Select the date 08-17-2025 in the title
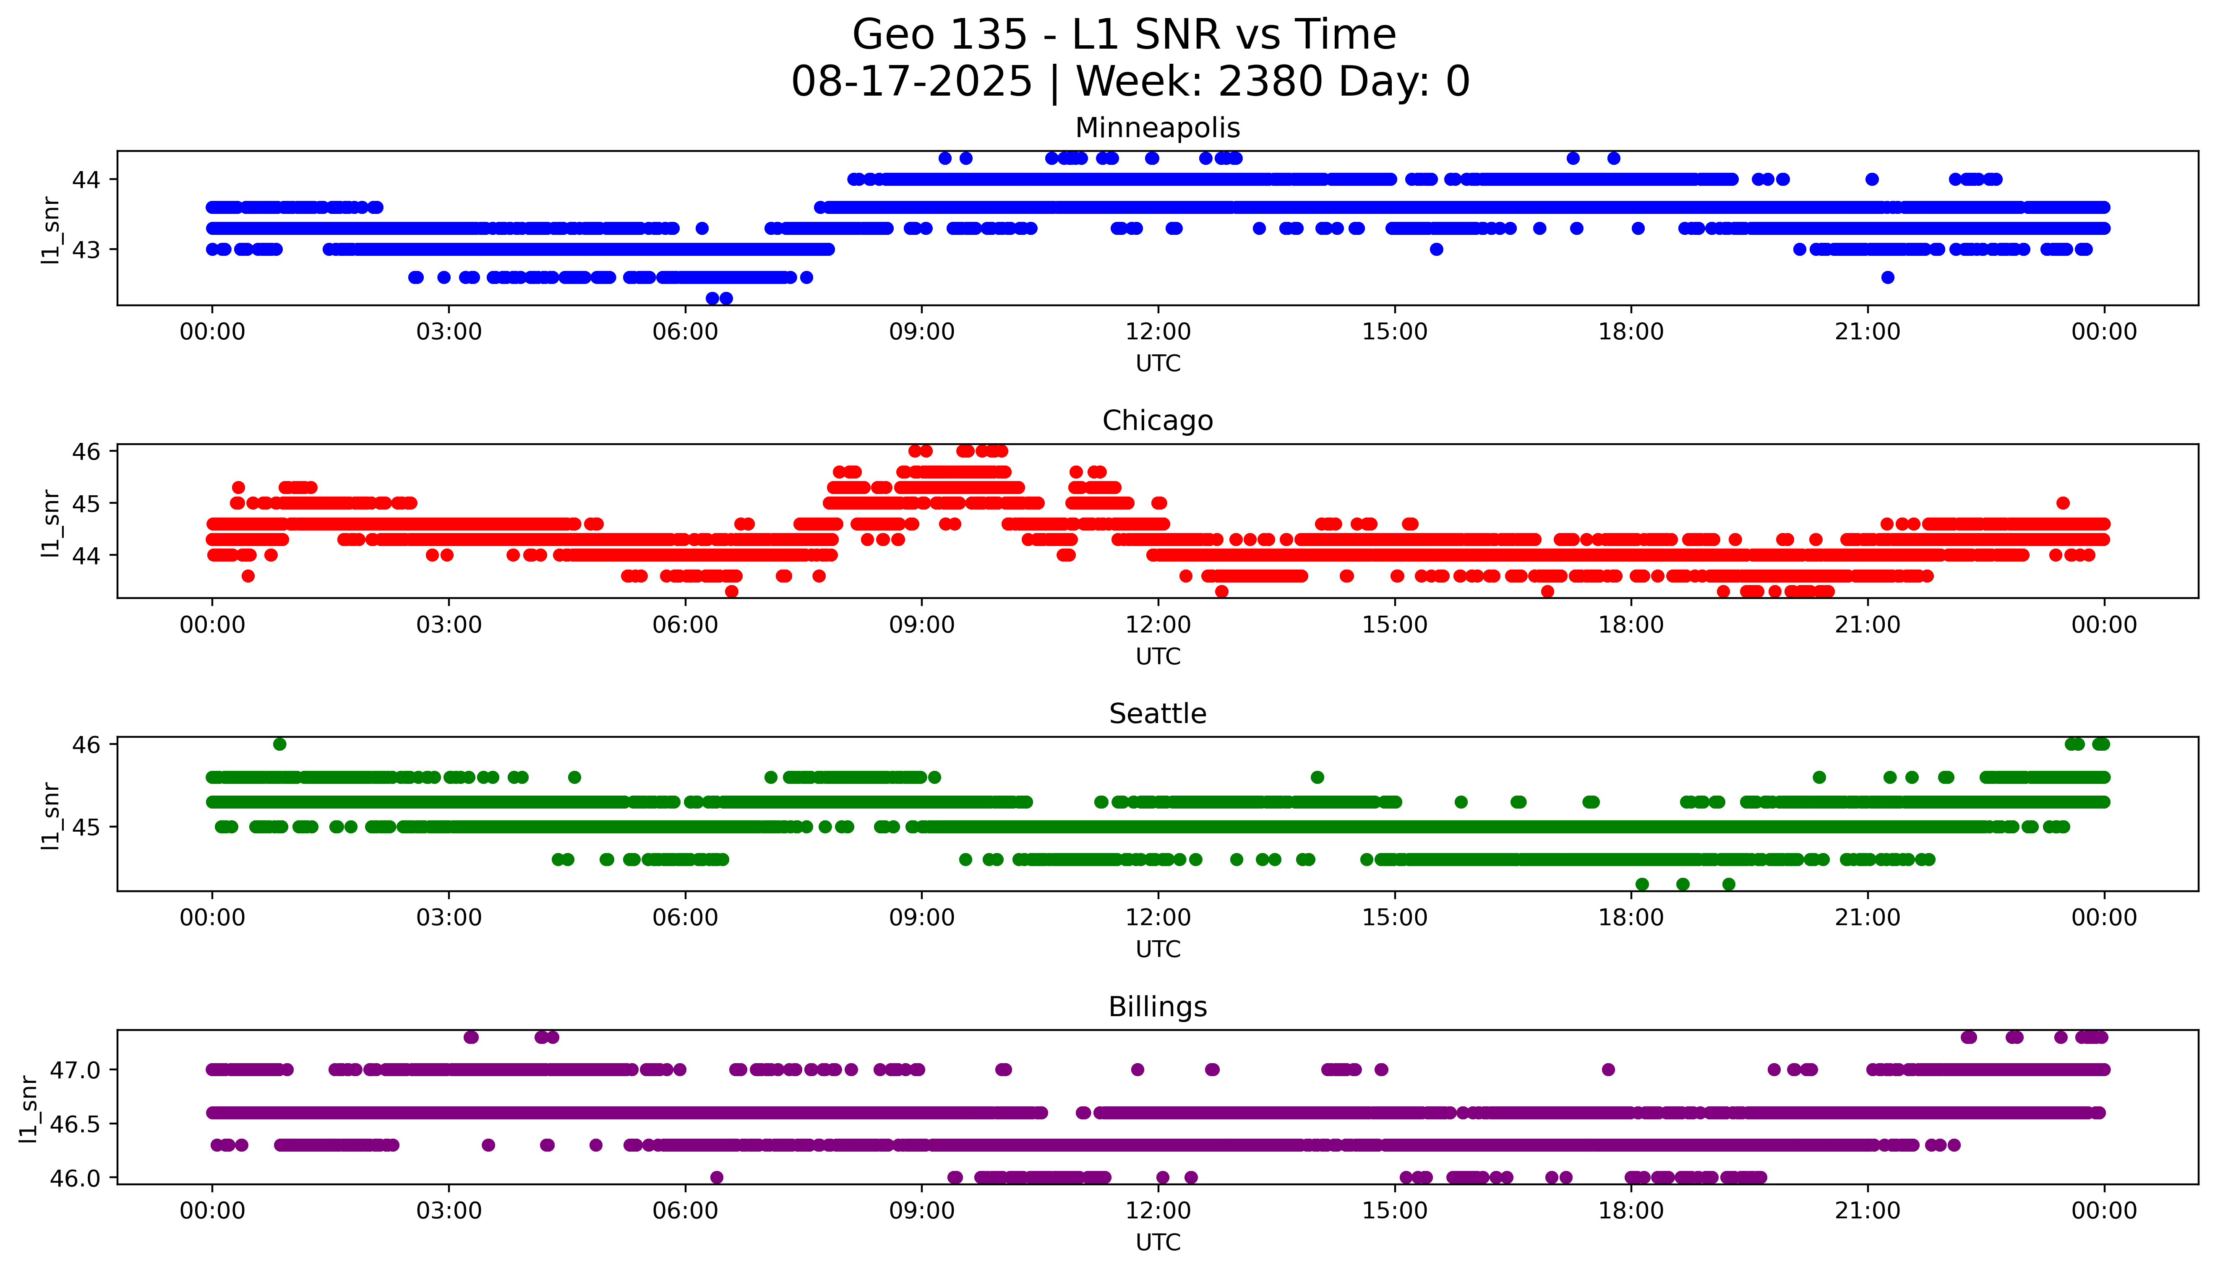coord(911,82)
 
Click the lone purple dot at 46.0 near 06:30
coord(717,1177)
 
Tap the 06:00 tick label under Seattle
coord(685,917)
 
